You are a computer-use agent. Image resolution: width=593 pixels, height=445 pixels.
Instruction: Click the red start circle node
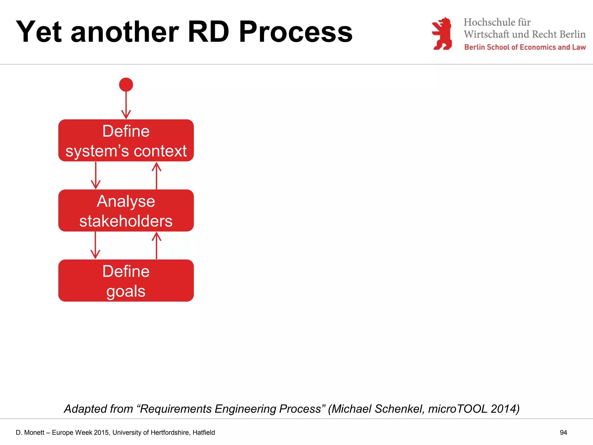(x=126, y=85)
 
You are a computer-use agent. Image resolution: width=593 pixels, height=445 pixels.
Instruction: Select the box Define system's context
(x=126, y=141)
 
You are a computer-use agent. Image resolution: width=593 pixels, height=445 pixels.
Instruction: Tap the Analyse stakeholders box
(x=126, y=211)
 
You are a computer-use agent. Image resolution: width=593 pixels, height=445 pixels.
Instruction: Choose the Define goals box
(x=126, y=280)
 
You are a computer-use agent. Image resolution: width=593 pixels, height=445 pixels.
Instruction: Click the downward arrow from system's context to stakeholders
(x=96, y=176)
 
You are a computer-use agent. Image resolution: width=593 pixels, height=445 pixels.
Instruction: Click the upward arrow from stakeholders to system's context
(x=156, y=176)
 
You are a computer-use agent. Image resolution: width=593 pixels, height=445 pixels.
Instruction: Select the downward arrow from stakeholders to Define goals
(x=95, y=245)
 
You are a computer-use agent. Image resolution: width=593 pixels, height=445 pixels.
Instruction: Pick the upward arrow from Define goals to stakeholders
(x=156, y=245)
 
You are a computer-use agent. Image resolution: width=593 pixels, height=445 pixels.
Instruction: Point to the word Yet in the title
(x=39, y=32)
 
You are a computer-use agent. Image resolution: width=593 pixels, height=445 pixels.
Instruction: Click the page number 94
(x=563, y=433)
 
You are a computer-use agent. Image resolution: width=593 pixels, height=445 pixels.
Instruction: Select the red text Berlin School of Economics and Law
(x=525, y=47)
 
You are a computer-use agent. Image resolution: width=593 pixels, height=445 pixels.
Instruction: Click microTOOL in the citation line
(x=457, y=409)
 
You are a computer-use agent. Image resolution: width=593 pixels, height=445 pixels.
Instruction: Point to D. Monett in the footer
(x=30, y=433)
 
